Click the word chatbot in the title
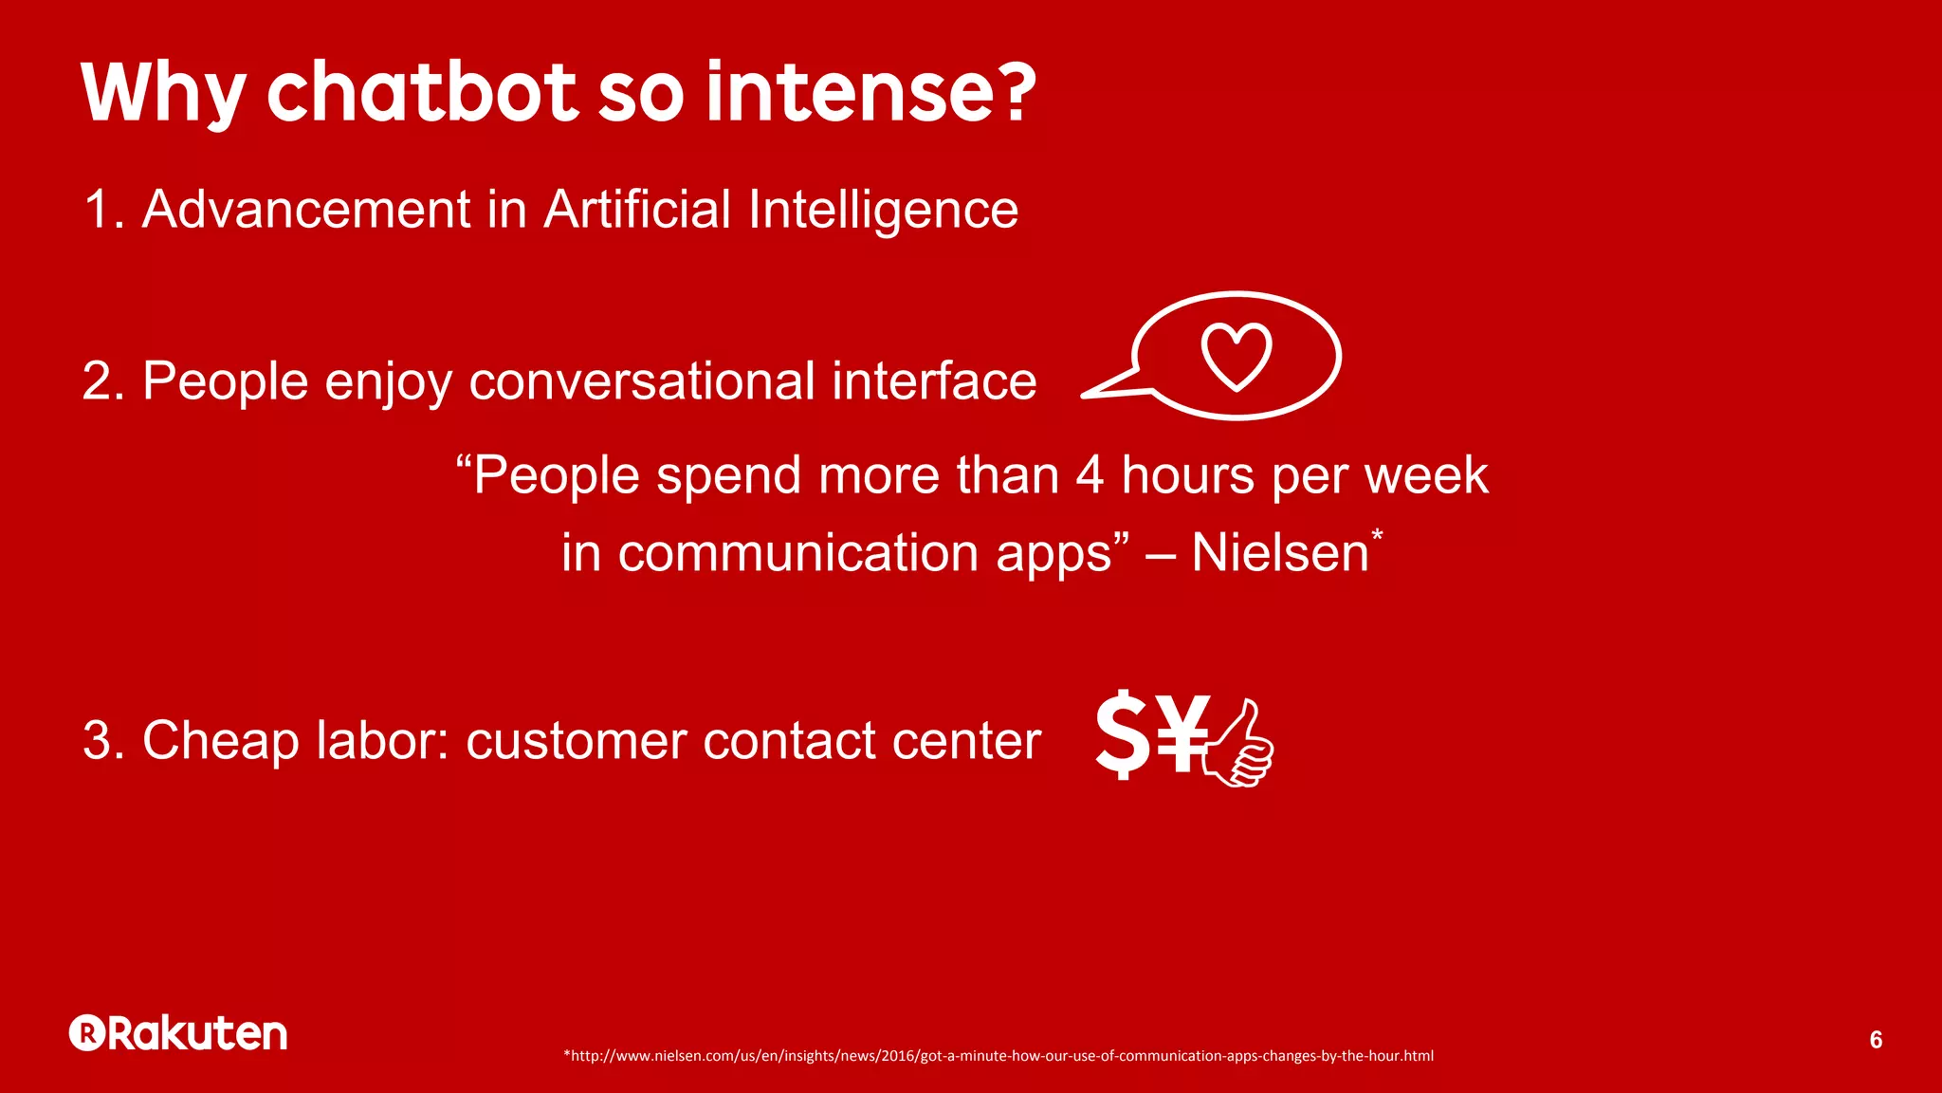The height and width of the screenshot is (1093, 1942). coord(422,92)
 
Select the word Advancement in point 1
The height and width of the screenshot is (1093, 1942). coord(306,210)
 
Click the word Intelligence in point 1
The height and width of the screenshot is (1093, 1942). coord(883,210)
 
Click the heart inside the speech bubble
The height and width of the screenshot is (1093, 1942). coord(1237,356)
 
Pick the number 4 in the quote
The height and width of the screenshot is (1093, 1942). coord(1090,474)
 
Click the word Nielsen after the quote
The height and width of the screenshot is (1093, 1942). coord(1279,552)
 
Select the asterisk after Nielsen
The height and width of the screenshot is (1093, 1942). coord(1377,536)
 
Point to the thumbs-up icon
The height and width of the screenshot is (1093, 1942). coord(1240,745)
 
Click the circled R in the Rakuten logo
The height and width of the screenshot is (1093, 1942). coord(87,1033)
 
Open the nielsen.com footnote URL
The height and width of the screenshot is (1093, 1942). coord(998,1056)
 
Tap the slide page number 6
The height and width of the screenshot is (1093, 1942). coord(1875,1040)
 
